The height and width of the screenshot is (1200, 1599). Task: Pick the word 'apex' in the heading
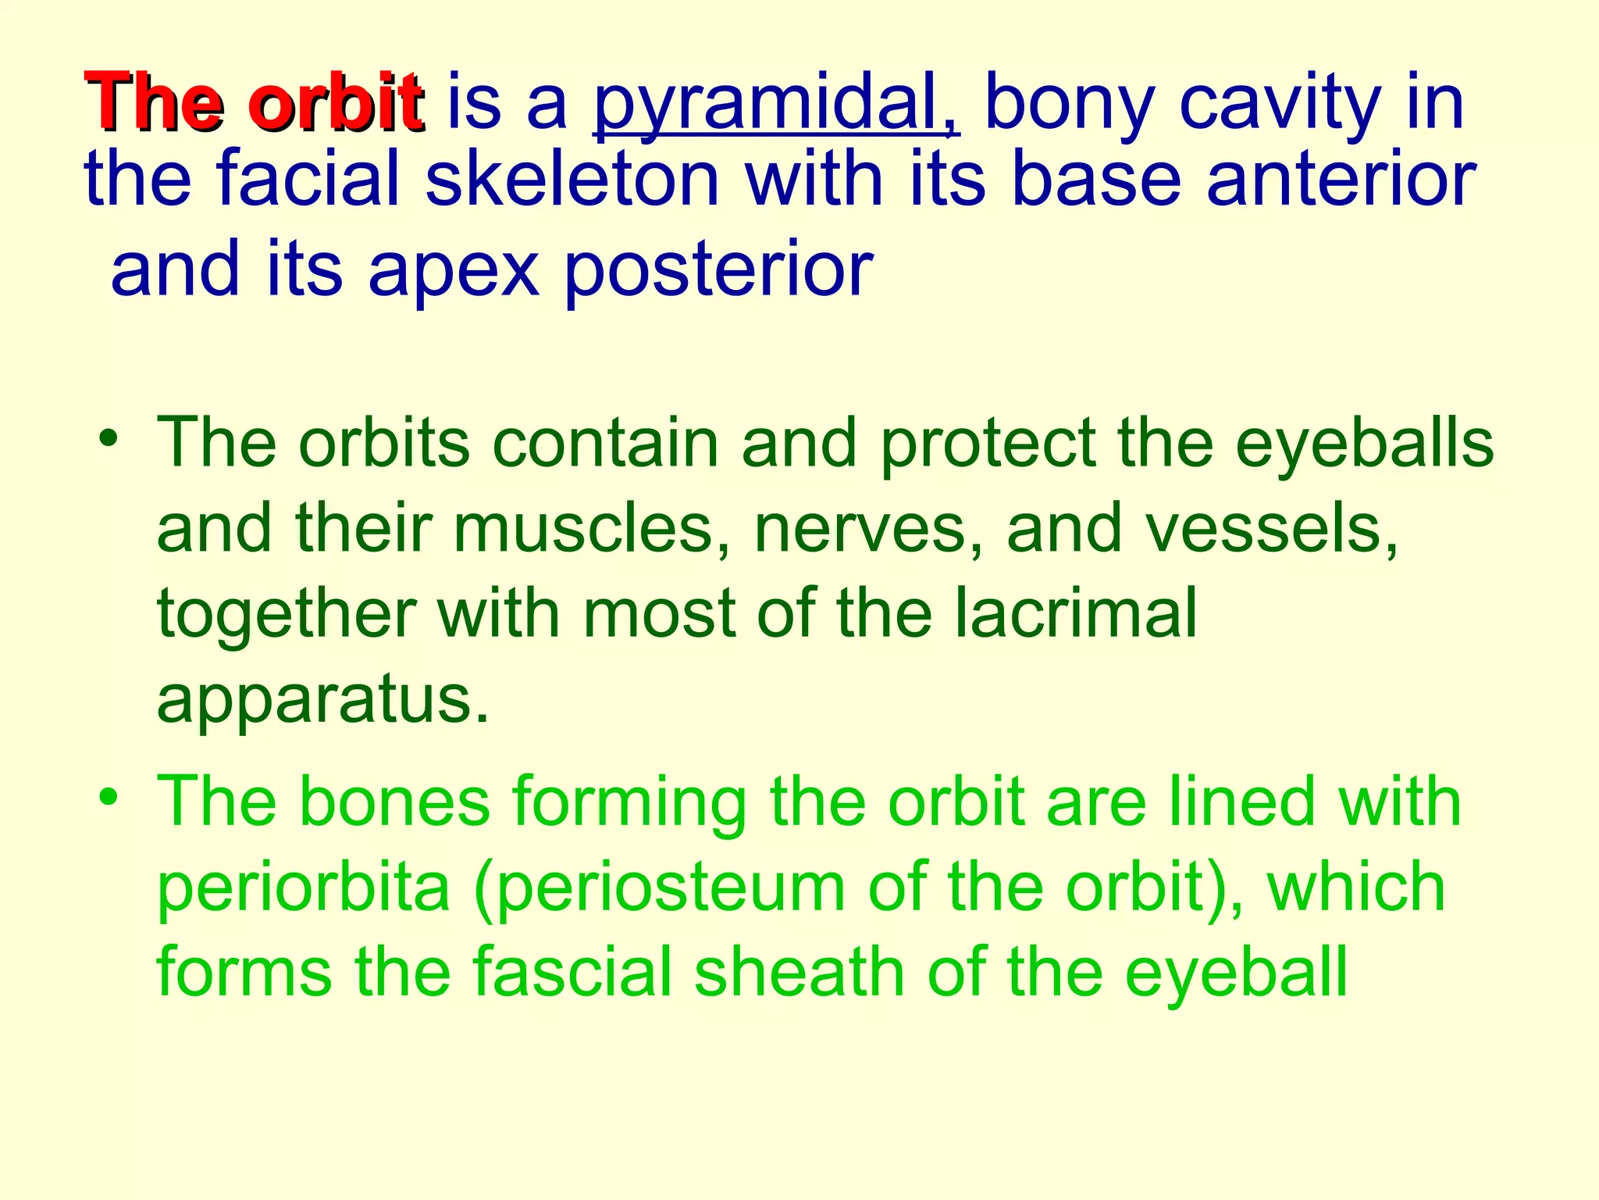click(x=454, y=270)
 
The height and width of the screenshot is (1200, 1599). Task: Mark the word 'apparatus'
click(x=322, y=700)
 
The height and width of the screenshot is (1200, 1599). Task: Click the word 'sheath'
click(x=799, y=972)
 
